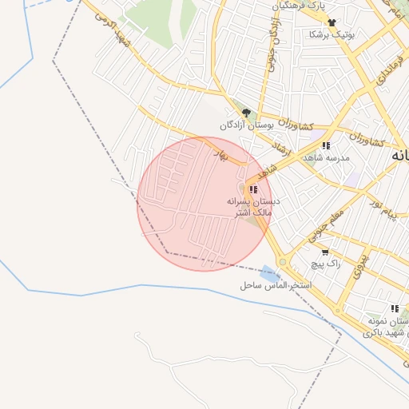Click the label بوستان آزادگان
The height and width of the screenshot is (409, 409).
tap(248, 125)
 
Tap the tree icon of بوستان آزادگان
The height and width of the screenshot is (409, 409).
tap(246, 113)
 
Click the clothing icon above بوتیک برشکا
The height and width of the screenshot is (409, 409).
tap(332, 22)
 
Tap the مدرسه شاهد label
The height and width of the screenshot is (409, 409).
tap(326, 158)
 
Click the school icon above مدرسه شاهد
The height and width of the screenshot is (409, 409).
tap(325, 145)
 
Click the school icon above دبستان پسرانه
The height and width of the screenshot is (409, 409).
tap(253, 189)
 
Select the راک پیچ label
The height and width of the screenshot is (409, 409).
tap(326, 263)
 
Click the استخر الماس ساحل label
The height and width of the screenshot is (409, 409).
tap(276, 285)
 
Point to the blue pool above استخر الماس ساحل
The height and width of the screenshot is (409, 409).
tap(265, 273)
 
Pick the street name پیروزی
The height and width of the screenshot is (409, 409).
tap(361, 260)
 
